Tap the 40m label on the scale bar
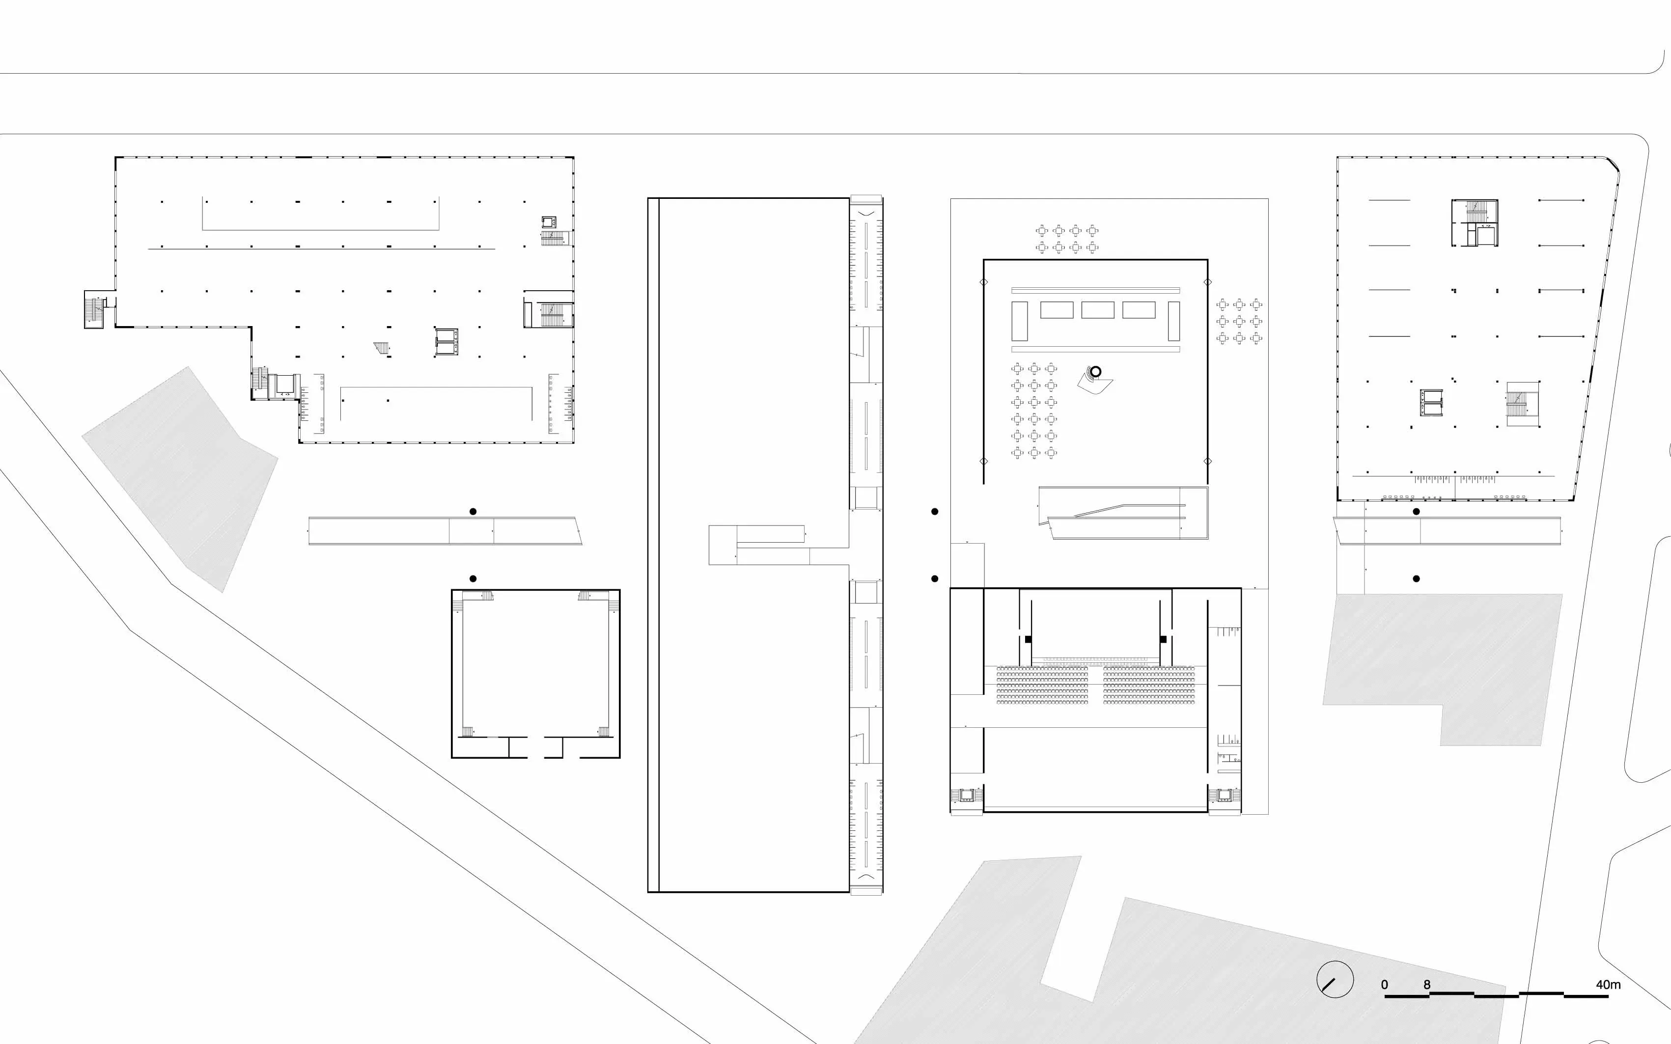pos(1608,985)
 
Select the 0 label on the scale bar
pos(1385,985)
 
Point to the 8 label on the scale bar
pos(1426,985)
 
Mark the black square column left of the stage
pos(1028,639)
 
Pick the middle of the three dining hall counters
pos(1098,310)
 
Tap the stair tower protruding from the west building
pos(94,309)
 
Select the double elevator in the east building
pos(1431,403)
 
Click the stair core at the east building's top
pos(1474,223)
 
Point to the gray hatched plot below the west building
pos(180,479)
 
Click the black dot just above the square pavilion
pos(473,578)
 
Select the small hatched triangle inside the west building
pos(381,348)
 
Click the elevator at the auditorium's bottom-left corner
pos(967,796)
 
